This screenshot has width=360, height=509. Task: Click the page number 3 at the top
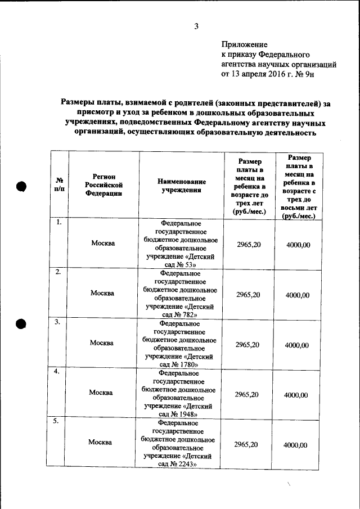(x=197, y=25)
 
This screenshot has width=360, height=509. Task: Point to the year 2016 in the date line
(x=278, y=73)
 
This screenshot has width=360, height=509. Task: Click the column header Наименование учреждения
(x=181, y=186)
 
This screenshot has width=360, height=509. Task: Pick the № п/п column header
(x=59, y=184)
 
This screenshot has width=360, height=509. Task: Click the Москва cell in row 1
(x=103, y=244)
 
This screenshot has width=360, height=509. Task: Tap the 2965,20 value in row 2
(x=247, y=294)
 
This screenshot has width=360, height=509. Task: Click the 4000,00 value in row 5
(x=295, y=445)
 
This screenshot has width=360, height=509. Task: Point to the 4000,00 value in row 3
(x=296, y=344)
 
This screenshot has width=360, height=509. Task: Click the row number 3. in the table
(x=57, y=322)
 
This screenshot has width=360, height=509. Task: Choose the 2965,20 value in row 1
(x=248, y=244)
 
